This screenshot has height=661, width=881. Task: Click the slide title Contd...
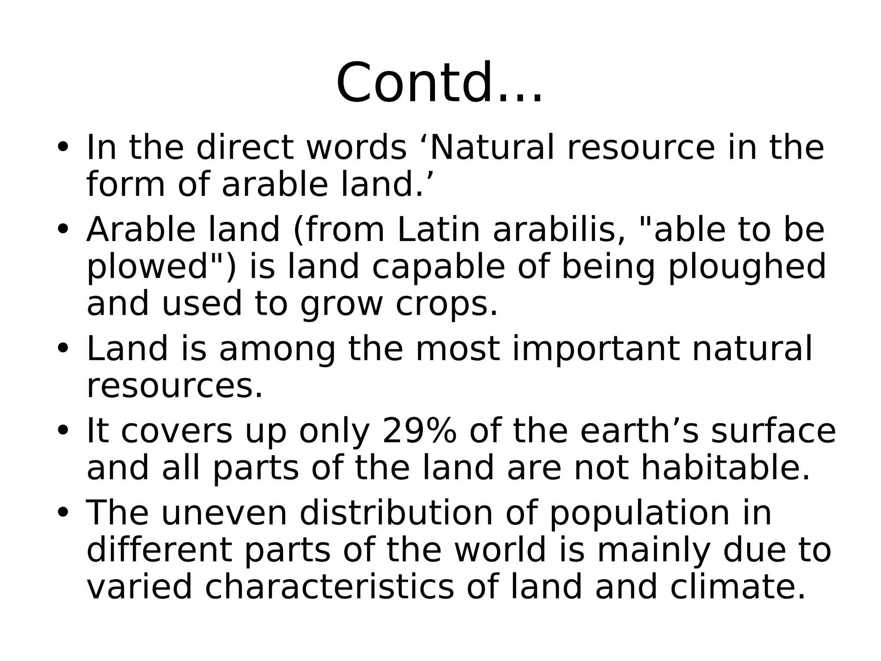coord(439,83)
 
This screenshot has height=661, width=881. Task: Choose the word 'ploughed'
coord(747,267)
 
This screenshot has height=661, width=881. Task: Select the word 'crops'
coord(446,304)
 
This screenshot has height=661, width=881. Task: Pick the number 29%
coord(419,431)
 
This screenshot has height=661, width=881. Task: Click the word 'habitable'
coord(725,468)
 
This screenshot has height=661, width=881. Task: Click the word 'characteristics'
coord(329,587)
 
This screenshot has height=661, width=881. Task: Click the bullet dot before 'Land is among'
coord(63,349)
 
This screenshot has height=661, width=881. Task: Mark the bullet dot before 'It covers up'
coord(63,432)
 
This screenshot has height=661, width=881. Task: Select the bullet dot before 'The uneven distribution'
coord(63,514)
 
